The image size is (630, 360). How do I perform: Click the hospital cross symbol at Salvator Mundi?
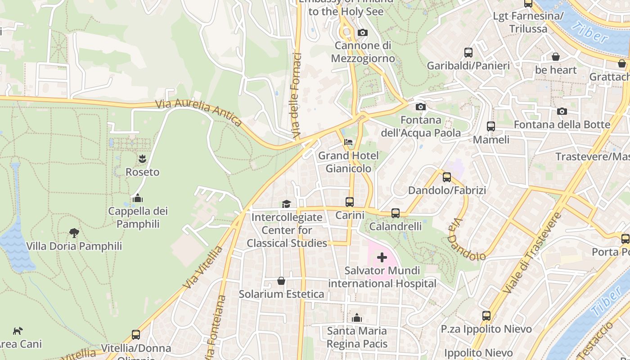(x=382, y=257)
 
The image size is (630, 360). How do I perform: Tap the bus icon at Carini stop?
(x=350, y=202)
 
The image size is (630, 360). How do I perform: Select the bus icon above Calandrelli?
(x=396, y=213)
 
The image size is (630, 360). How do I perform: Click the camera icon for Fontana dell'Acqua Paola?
(x=421, y=107)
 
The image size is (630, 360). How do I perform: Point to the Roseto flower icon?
(x=142, y=158)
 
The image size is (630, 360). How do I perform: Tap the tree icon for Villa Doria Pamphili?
(x=74, y=233)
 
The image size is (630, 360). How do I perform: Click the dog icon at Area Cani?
(x=18, y=331)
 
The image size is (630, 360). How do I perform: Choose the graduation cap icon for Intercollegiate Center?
(x=287, y=204)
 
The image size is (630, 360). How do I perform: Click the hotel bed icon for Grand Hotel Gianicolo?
(x=348, y=142)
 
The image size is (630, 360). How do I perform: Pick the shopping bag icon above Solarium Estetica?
(x=281, y=281)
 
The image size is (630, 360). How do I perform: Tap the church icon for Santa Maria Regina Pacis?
(x=357, y=318)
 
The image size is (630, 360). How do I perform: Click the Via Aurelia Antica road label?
(x=199, y=112)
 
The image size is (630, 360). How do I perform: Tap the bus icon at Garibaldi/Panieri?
(x=468, y=52)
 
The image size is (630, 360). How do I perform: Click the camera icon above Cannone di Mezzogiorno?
(x=362, y=32)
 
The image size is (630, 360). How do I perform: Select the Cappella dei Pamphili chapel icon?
(x=138, y=198)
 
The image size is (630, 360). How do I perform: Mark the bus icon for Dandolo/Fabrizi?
(x=447, y=177)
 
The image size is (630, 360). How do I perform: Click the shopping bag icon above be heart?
(x=556, y=57)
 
